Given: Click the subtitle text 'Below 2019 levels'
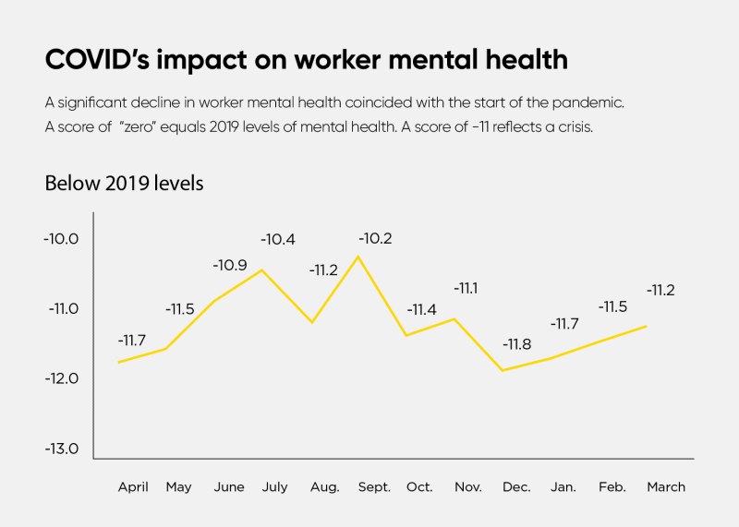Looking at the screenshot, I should (x=124, y=183).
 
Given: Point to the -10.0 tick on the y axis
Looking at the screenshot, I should (x=61, y=239).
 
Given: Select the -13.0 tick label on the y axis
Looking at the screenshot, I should (x=61, y=449).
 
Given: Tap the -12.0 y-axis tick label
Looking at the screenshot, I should (x=61, y=379).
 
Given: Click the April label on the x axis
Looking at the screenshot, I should (x=133, y=486).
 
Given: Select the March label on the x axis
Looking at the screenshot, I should (x=666, y=486).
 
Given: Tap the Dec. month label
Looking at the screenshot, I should (x=516, y=486).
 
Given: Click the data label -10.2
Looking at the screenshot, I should (x=374, y=238).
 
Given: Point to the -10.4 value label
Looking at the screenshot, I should (x=278, y=239).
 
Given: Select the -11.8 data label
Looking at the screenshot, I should (x=516, y=344).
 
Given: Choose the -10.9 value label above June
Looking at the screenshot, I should (x=230, y=265).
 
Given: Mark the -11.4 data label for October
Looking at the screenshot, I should (x=421, y=309).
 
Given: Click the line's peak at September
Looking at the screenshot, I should (x=358, y=256).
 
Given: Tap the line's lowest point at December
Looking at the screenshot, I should (x=503, y=370).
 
